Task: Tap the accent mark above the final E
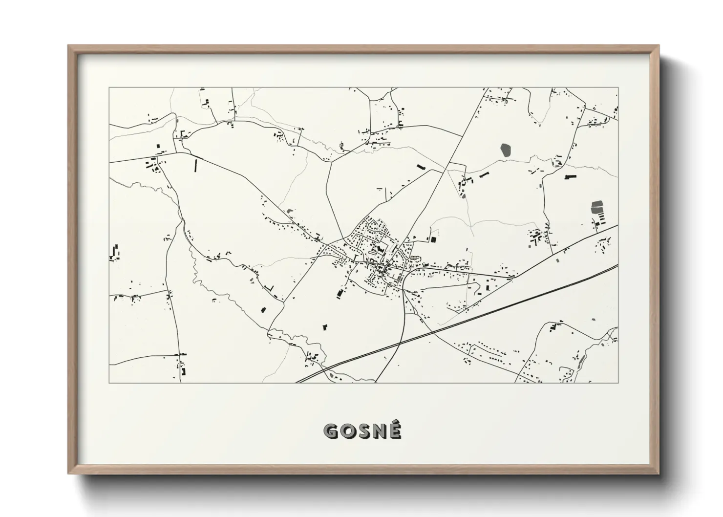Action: pyautogui.click(x=395, y=423)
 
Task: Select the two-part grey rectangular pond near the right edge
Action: pyautogui.click(x=596, y=207)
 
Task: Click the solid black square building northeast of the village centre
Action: pyautogui.click(x=432, y=239)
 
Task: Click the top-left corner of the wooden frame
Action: pyautogui.click(x=69, y=46)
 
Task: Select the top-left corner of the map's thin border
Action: pyautogui.click(x=109, y=87)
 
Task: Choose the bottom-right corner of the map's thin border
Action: pyautogui.click(x=618, y=383)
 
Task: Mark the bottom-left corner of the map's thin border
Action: pyautogui.click(x=109, y=383)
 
